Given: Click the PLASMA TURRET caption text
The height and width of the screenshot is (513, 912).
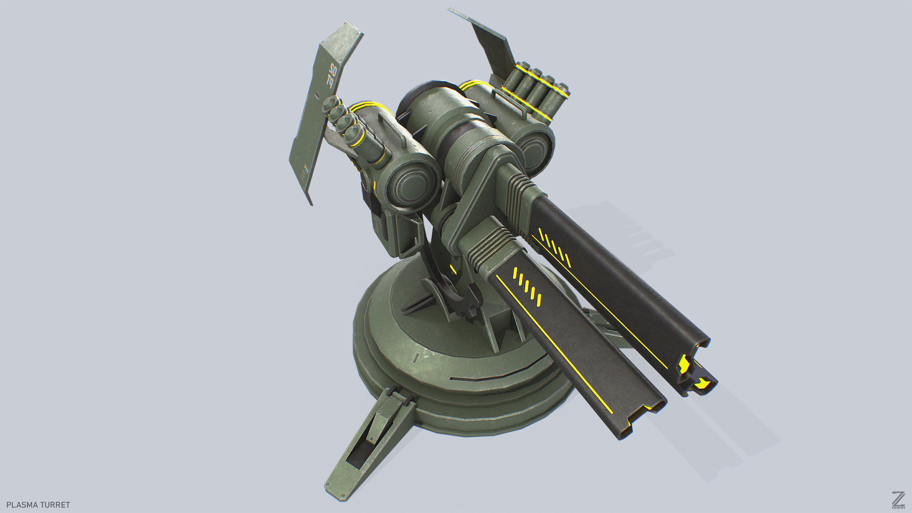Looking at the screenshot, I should (x=38, y=504).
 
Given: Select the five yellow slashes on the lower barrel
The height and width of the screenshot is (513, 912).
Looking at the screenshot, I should (x=527, y=287).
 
